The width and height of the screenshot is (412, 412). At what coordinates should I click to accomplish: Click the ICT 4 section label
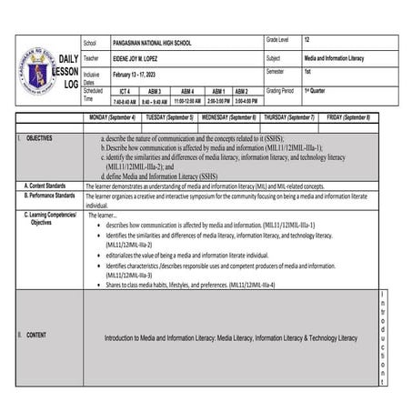[125, 92]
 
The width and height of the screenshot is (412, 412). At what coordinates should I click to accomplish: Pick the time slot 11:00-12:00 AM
[186, 102]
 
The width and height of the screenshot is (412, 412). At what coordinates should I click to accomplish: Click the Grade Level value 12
[307, 41]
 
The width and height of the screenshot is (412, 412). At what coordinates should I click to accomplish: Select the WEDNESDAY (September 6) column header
[228, 118]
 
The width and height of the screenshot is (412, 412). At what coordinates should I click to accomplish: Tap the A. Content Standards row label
[51, 185]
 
